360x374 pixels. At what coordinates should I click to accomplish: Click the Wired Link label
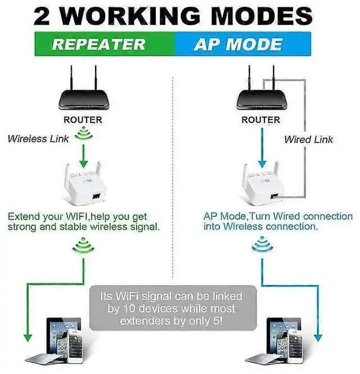coord(308,139)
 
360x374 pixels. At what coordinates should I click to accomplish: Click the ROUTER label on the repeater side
coord(83,120)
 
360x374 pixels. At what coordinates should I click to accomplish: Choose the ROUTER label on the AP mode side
coord(260,120)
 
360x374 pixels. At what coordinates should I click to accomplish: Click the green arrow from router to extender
coord(83,154)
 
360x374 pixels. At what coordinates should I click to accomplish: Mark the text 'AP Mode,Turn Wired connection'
coord(278,216)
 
